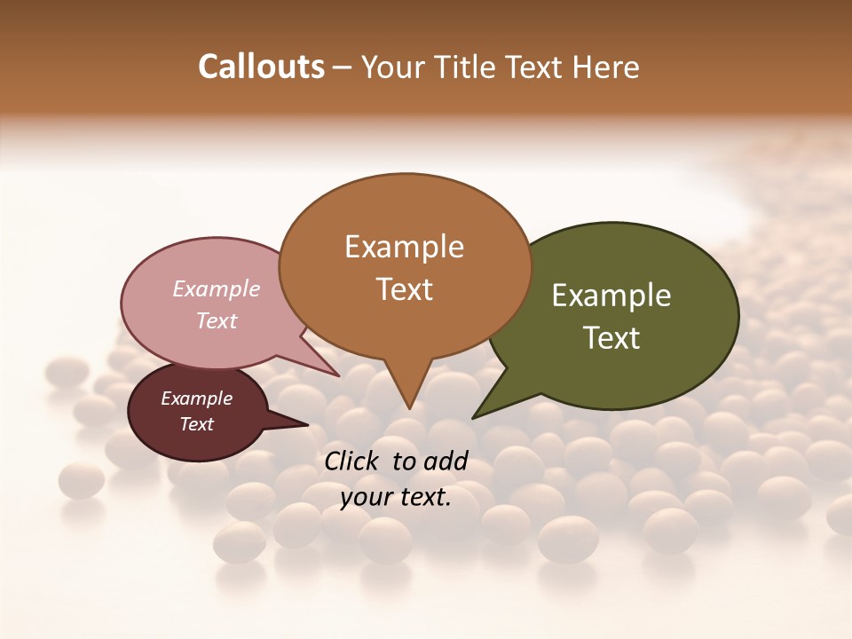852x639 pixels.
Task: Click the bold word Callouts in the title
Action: tap(261, 67)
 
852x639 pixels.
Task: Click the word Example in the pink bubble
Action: tap(217, 288)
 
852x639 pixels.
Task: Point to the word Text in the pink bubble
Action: tap(217, 320)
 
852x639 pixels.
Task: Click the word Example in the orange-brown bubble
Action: tap(404, 247)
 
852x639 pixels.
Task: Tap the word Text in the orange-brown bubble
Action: tap(404, 289)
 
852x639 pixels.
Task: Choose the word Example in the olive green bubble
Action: tap(611, 296)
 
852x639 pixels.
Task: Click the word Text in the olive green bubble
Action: tap(611, 338)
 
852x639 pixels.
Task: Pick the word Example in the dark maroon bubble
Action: tap(196, 398)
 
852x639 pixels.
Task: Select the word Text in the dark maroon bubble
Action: tap(196, 424)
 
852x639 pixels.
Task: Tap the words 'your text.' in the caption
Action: tap(396, 498)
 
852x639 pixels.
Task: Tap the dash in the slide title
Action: tap(343, 67)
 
